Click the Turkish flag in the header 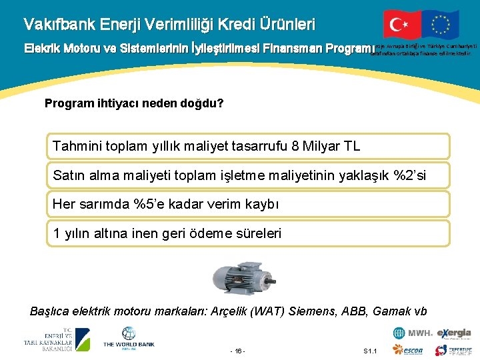coord(402,25)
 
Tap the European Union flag coord(439,25)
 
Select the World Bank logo coord(128,338)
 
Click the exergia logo coord(454,333)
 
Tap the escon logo coord(409,351)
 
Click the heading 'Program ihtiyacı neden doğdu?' coord(133,104)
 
